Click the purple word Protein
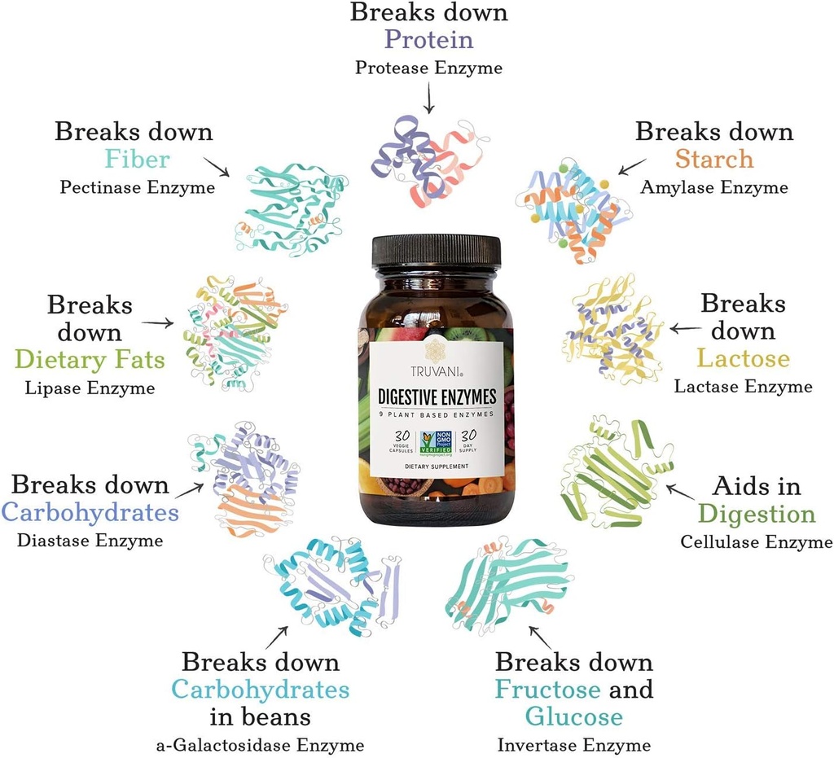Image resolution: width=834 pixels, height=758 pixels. [x=428, y=40]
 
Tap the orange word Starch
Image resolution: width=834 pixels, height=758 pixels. [x=713, y=159]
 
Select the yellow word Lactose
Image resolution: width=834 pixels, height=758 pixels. [x=743, y=358]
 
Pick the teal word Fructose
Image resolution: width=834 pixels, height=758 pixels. [x=547, y=689]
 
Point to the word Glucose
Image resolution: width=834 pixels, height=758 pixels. [x=573, y=716]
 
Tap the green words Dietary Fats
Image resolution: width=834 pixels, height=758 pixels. [x=90, y=360]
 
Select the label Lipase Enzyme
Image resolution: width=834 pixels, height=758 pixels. [x=90, y=388]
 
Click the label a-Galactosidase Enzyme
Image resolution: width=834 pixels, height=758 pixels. [x=260, y=745]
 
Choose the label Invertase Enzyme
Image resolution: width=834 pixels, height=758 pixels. [x=574, y=745]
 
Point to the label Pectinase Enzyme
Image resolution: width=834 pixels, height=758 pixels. [x=137, y=187]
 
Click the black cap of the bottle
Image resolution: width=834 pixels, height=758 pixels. [x=436, y=252]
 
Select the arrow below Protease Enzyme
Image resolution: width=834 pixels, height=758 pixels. [x=428, y=98]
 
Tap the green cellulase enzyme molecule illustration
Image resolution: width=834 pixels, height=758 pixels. [x=615, y=472]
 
